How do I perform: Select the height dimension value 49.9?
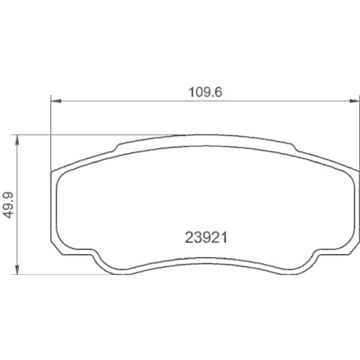click(9, 204)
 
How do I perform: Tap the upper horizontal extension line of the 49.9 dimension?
click(72, 135)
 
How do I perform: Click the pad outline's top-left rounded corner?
click(58, 173)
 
